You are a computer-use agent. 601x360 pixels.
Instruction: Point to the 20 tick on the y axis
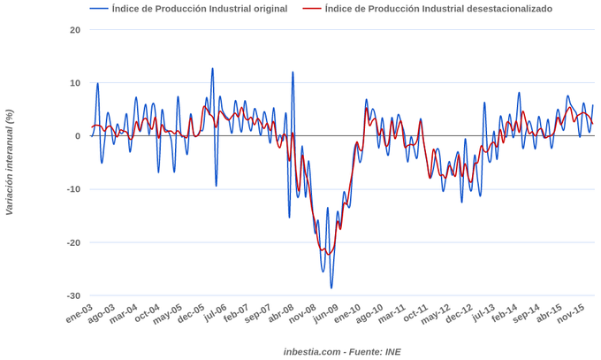(x=75, y=30)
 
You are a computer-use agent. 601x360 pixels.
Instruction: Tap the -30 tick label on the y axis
(x=73, y=296)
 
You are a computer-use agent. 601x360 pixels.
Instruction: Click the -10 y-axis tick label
(x=73, y=189)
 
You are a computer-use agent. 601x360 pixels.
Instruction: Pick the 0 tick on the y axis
(x=77, y=136)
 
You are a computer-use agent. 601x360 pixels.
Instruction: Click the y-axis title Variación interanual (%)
(x=10, y=163)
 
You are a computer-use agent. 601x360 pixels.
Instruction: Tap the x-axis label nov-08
(x=303, y=315)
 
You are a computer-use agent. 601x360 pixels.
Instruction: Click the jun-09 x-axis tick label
(x=325, y=315)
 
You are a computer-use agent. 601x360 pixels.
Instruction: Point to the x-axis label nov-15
(x=571, y=315)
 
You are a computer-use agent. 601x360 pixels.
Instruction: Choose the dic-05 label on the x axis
(x=192, y=315)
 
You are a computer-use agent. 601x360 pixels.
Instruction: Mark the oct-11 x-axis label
(x=415, y=315)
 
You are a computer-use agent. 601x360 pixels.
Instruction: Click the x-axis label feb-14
(x=505, y=315)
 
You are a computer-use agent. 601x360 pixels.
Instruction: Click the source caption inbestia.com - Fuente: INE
(x=342, y=351)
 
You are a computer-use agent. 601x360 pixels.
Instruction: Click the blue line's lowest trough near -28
(x=331, y=287)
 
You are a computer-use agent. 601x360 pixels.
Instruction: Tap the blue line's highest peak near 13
(x=212, y=68)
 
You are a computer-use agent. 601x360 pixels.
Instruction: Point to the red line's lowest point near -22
(x=329, y=254)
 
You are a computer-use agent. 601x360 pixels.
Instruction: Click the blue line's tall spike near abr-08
(x=293, y=73)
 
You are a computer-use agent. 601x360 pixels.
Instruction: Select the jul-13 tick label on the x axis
(x=482, y=315)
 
